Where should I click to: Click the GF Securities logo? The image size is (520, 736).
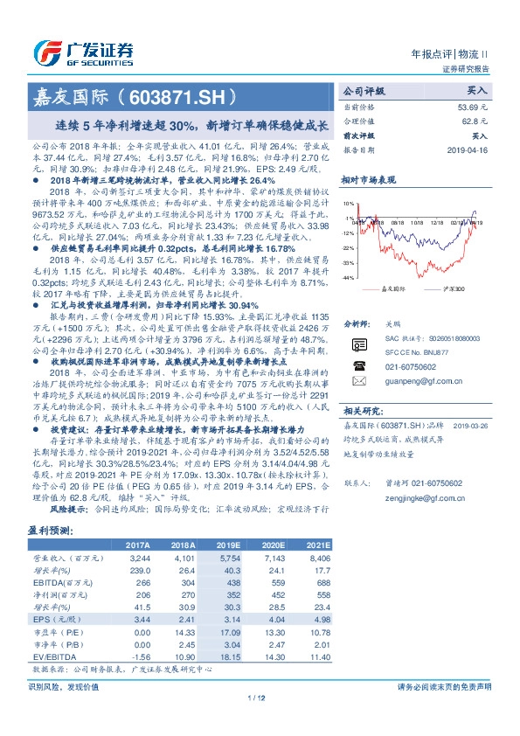[x=84, y=51]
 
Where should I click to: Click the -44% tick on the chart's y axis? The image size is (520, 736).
[x=348, y=277]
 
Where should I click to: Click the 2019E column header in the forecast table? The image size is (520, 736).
[x=227, y=544]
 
